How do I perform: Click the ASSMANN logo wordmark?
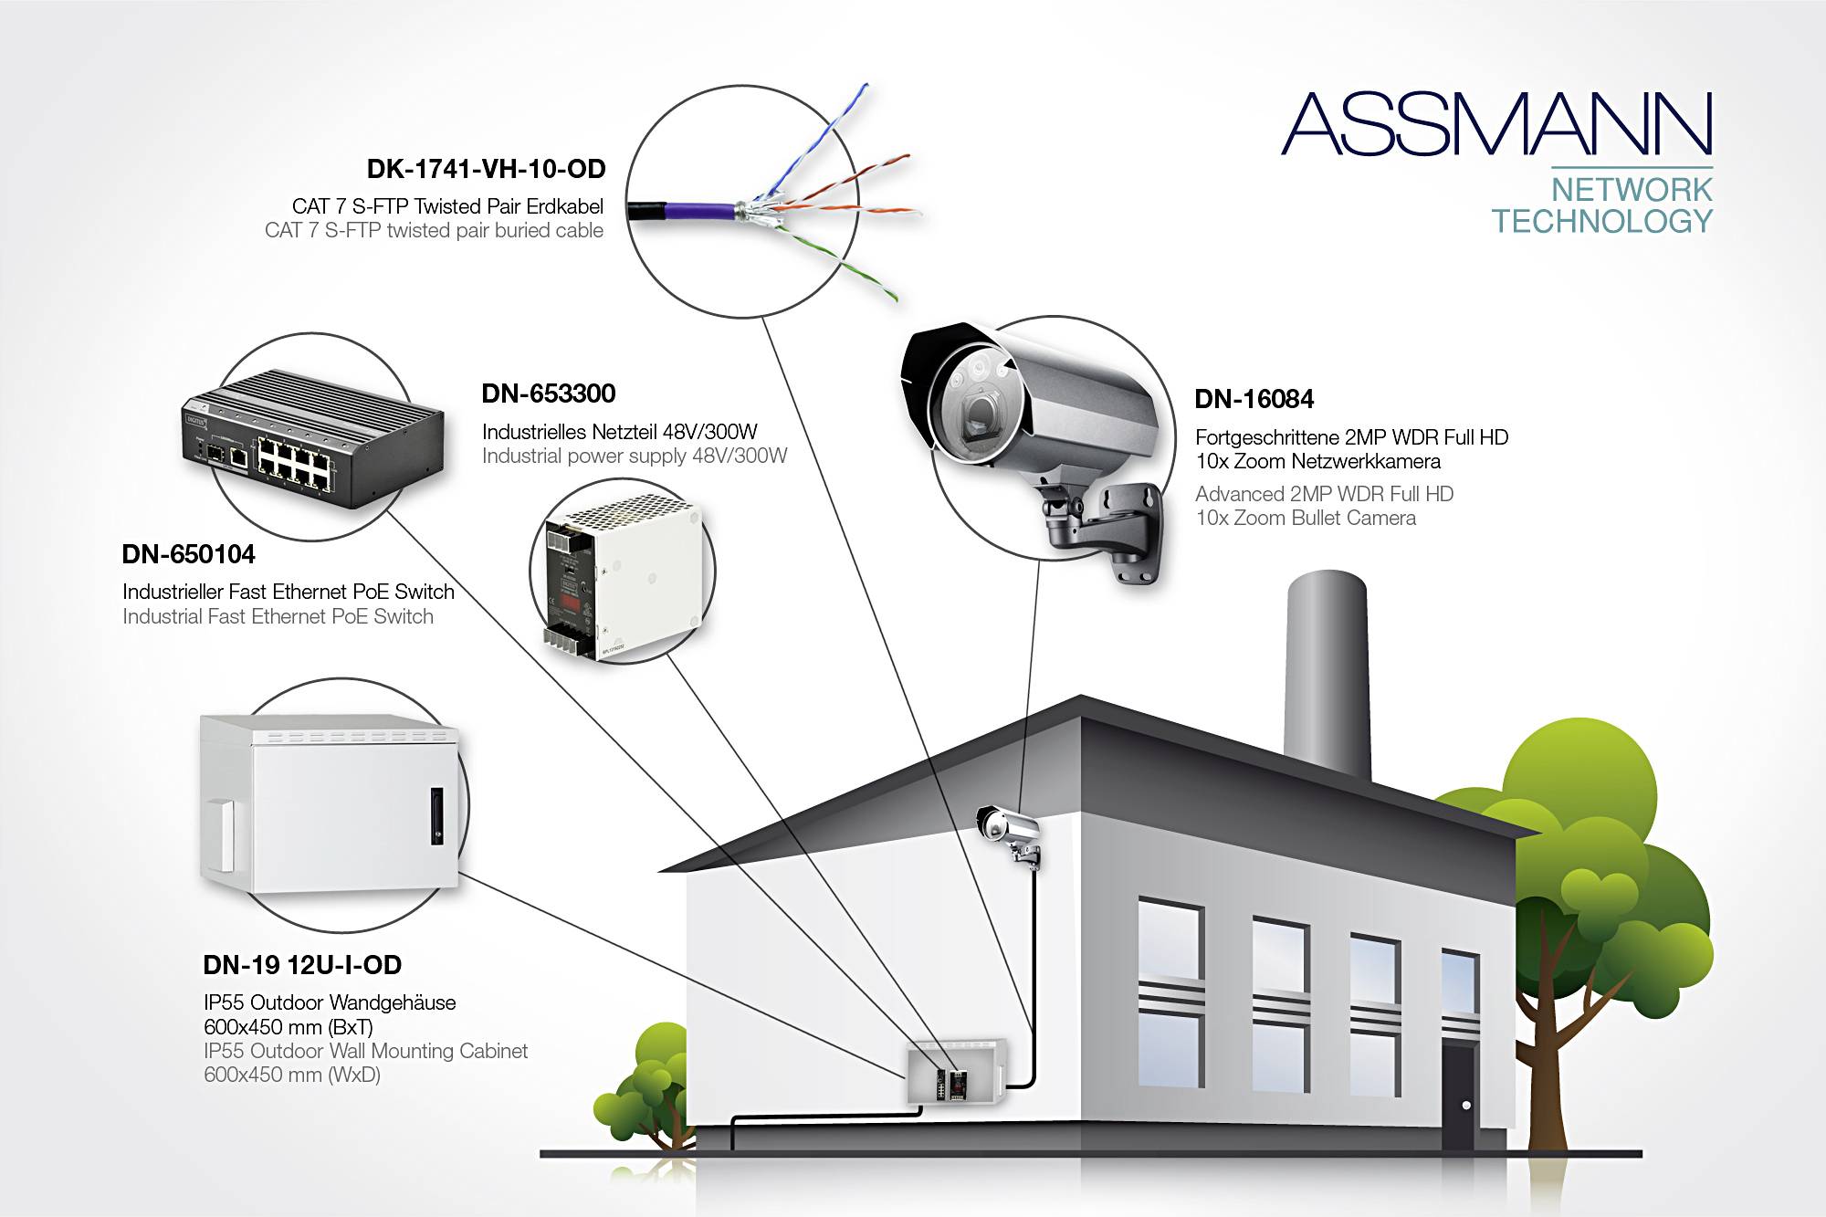pos(1497,124)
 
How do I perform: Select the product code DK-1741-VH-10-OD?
pos(486,169)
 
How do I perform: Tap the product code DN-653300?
pos(549,393)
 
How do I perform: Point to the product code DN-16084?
pos(1254,399)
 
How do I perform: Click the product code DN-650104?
pos(188,554)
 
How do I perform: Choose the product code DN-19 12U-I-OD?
pos(302,965)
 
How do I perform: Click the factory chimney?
pos(1327,676)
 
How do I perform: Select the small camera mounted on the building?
pos(1008,829)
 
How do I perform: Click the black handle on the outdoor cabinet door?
pos(436,815)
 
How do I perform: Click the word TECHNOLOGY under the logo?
pos(1602,221)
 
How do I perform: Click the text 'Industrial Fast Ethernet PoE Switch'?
pos(278,616)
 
